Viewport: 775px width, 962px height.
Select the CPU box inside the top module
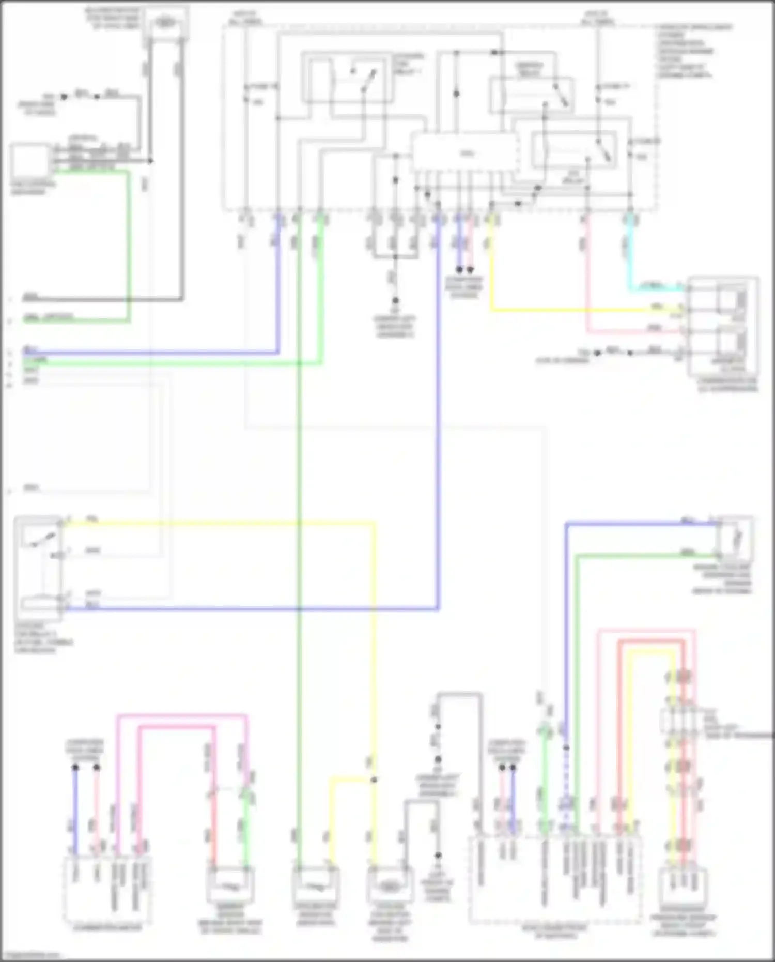click(x=465, y=153)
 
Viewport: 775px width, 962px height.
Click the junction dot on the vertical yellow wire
click(x=374, y=780)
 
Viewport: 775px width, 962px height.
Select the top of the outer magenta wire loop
click(x=181, y=716)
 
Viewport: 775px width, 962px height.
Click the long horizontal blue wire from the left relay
click(x=248, y=609)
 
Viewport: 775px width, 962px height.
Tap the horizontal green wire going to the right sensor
click(x=646, y=556)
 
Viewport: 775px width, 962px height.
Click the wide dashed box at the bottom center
click(x=555, y=879)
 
